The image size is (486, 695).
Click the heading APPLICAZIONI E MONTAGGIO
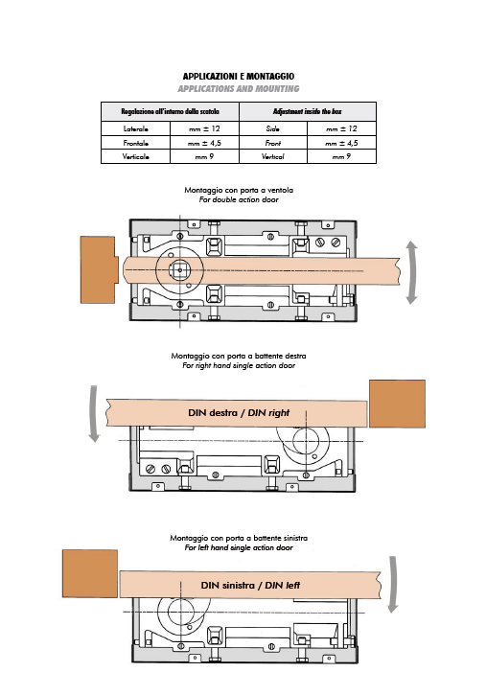point(239,77)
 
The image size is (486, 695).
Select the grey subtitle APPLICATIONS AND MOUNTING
point(239,88)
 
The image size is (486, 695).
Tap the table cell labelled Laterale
point(135,128)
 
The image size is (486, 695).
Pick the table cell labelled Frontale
point(135,143)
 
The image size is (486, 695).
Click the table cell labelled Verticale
point(135,156)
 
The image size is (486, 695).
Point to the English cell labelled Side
point(273,128)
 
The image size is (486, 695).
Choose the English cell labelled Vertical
point(273,156)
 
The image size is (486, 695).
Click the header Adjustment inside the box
point(308,111)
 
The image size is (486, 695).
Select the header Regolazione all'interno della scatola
point(170,111)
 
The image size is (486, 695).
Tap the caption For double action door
point(239,199)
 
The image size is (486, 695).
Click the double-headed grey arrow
point(412,272)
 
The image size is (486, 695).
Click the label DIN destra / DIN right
point(239,412)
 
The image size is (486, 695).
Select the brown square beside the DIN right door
point(397,404)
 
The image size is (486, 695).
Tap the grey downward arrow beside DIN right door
point(94,413)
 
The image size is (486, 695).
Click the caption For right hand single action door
point(239,365)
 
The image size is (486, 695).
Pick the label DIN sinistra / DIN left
point(250,585)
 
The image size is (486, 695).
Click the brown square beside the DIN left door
point(90,573)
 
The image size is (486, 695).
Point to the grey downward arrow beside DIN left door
point(392,584)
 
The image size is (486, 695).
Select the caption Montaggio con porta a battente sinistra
point(239,538)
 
